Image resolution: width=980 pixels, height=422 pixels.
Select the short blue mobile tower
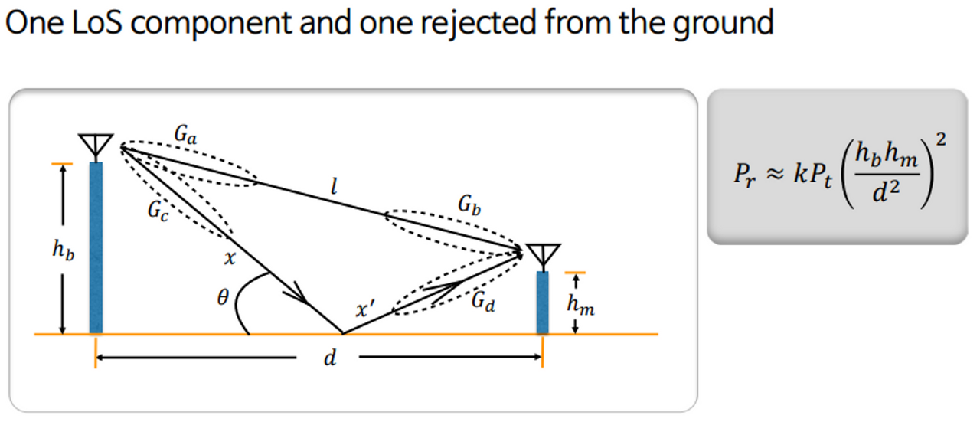pos(543,303)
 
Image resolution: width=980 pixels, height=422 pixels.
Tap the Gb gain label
pos(469,204)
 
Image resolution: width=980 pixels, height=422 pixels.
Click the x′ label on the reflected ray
pos(366,310)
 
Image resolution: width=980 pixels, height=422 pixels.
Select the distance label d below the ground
pos(330,358)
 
